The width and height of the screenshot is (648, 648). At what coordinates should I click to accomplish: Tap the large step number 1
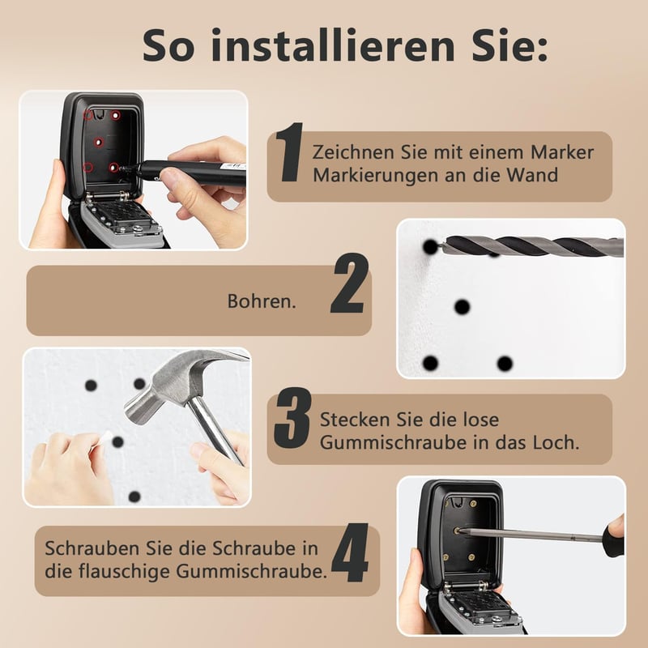289,152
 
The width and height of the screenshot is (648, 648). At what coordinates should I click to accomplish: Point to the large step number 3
292,418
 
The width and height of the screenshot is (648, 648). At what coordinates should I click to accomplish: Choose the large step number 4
350,552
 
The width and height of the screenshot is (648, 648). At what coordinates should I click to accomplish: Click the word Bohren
262,301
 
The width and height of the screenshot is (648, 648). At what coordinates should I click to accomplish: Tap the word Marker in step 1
562,152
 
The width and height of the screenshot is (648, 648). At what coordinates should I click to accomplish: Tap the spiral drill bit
533,247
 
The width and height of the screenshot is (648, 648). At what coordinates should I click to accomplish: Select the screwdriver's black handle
613,536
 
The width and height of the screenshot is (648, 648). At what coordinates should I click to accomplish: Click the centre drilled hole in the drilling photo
462,307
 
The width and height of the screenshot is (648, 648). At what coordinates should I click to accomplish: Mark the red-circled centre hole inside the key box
98,143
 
